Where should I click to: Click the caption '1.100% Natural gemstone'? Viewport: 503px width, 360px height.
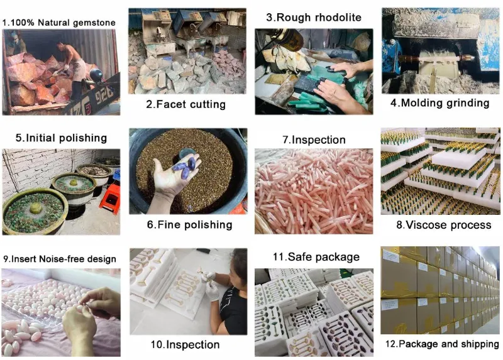pyautogui.click(x=59, y=23)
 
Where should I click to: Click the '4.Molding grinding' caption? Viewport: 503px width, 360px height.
pyautogui.click(x=439, y=103)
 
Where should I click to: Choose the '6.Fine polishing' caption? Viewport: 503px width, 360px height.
pyautogui.click(x=190, y=225)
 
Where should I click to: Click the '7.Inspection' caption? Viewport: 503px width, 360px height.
pyautogui.click(x=314, y=140)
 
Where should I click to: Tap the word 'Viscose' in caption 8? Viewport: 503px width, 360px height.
pyautogui.click(x=425, y=225)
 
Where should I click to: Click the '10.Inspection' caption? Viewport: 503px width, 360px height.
pyautogui.click(x=185, y=345)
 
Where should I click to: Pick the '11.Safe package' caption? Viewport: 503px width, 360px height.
pyautogui.click(x=316, y=257)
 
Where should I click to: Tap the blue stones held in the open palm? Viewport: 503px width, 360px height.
pyautogui.click(x=185, y=166)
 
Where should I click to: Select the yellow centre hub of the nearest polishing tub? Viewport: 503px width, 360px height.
pyautogui.click(x=35, y=209)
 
